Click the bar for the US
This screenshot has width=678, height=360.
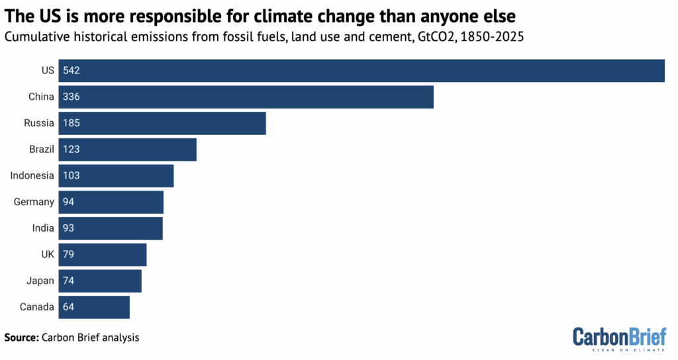[x=362, y=71]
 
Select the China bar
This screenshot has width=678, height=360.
[x=246, y=97]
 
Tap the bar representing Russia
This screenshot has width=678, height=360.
[x=162, y=123]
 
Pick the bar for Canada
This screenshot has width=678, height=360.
[x=94, y=307]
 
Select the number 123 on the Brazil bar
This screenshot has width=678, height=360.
[x=72, y=150]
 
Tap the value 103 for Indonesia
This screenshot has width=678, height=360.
[x=72, y=176]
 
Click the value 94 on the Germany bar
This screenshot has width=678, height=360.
[x=69, y=202]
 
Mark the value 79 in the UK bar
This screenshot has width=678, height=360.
[x=69, y=255]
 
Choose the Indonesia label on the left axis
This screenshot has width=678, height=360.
[x=32, y=176]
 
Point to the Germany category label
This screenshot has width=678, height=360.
[x=34, y=202]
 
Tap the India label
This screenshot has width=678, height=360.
[x=43, y=228]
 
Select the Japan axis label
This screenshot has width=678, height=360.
[x=40, y=281]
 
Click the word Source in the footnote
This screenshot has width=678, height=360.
[x=21, y=337]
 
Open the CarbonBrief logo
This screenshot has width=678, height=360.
[x=619, y=337]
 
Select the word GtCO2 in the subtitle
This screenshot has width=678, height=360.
[x=413, y=37]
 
